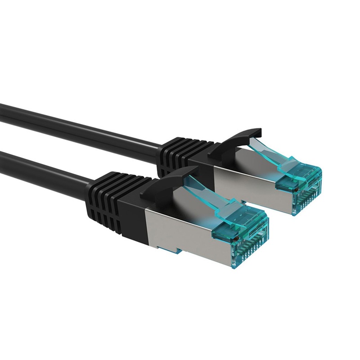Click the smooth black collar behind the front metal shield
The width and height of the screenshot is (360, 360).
pos(135,220)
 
